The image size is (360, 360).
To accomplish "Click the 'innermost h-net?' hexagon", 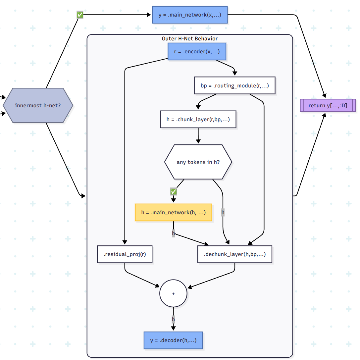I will point(38,105).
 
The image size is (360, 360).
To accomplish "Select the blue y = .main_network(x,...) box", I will point(190,15).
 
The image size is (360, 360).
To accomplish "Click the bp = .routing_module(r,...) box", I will point(234,86).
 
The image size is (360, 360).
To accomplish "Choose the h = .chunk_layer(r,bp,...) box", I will point(198,119).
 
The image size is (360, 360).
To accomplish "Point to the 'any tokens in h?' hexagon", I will point(198,162).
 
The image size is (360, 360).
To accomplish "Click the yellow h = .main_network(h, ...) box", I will point(173,212).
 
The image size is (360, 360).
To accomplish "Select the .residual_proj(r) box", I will point(125,254).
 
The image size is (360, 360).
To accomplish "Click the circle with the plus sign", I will point(173,294).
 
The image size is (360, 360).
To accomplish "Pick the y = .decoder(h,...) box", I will point(173,340).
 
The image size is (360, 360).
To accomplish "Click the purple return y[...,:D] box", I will point(328,105).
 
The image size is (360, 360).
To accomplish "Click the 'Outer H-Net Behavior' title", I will point(190,39).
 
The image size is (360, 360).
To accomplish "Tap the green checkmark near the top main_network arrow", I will point(80,15).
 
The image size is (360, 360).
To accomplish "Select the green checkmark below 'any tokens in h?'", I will point(173,191).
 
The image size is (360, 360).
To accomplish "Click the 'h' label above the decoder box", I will point(173,319).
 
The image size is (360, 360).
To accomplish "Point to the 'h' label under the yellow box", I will point(173,233).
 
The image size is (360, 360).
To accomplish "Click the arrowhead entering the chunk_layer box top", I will point(198,108).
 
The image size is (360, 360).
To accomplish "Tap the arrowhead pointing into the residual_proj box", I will point(125,242).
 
